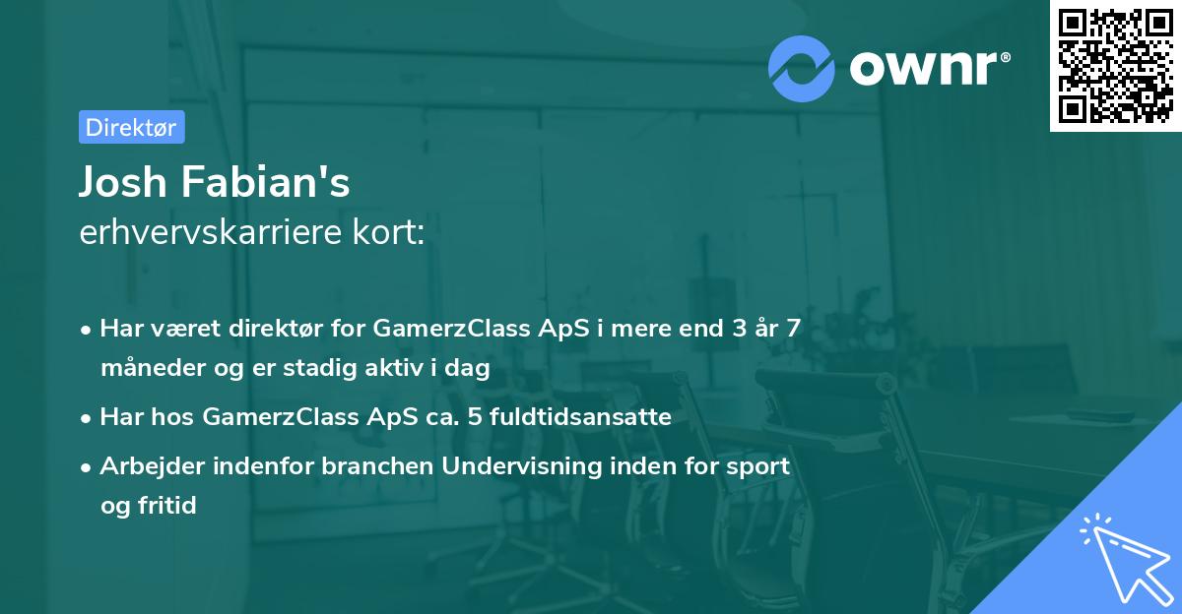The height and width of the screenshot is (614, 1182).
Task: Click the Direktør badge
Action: point(131,127)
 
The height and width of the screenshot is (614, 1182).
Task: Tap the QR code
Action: point(1115,66)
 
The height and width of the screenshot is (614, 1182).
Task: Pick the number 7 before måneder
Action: point(793,329)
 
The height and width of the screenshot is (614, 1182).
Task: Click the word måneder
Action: point(148,368)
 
